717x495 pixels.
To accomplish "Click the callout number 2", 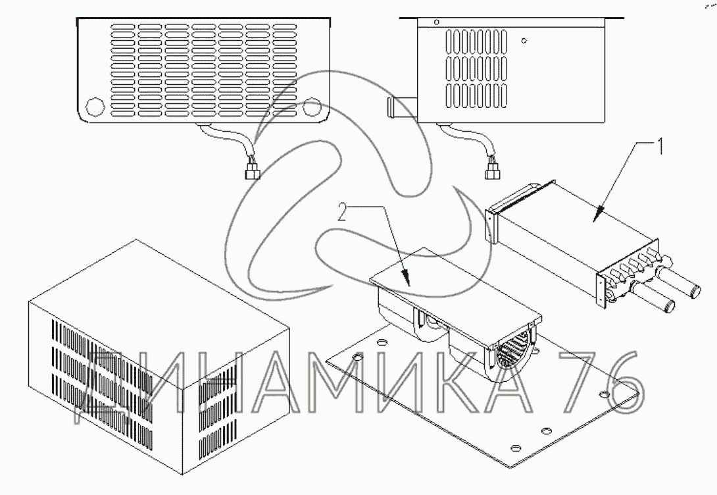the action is click(x=341, y=213).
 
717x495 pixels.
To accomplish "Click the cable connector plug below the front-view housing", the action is click(x=251, y=172).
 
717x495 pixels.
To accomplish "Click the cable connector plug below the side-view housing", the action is click(x=491, y=172).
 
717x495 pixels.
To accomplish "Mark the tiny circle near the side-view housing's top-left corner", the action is click(x=436, y=22).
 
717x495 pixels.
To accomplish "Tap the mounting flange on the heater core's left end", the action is click(x=491, y=225).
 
